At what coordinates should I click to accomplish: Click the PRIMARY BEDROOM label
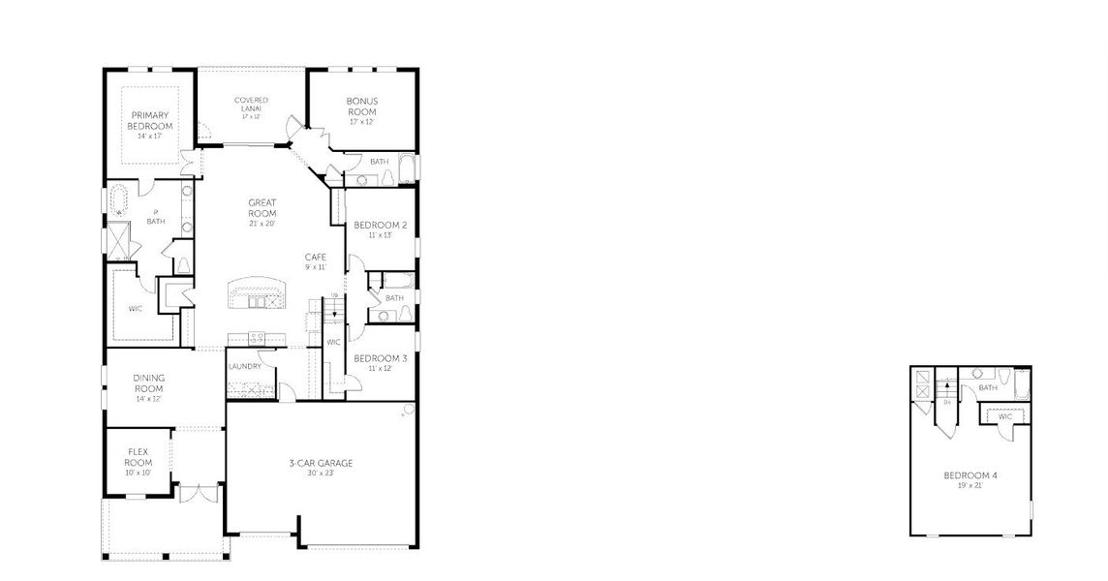click(150, 121)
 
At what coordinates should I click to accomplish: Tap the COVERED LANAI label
click(251, 104)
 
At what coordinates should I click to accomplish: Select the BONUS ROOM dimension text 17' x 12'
click(362, 122)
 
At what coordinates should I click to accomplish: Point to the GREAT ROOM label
click(262, 208)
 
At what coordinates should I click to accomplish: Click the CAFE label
click(315, 257)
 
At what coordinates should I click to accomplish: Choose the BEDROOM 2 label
click(380, 225)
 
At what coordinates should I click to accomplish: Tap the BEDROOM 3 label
click(380, 358)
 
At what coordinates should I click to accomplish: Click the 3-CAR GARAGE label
click(321, 463)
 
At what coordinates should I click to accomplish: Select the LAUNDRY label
click(245, 366)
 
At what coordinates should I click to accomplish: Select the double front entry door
click(200, 493)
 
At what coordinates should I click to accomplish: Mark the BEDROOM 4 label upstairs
click(969, 475)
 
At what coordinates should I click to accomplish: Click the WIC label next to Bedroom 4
click(1005, 416)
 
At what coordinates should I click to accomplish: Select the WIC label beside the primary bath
click(136, 310)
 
